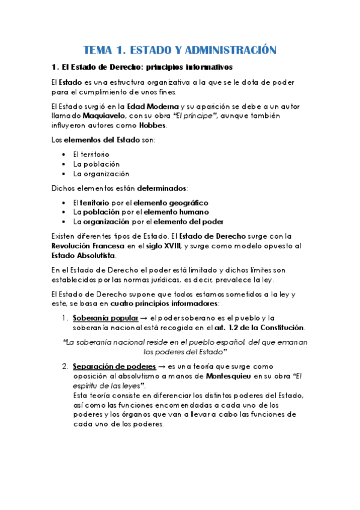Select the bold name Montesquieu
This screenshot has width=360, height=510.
coord(233,375)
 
